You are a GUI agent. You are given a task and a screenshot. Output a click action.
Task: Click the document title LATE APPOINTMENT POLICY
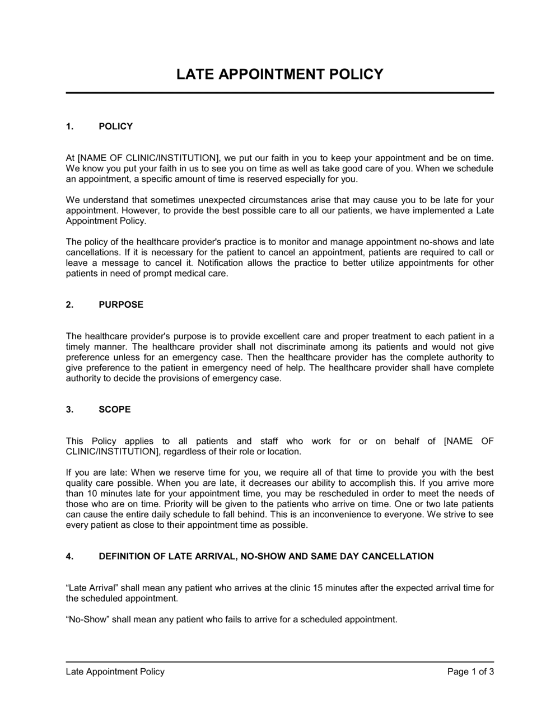pyautogui.click(x=279, y=74)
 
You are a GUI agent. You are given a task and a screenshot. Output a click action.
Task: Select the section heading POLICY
pyautogui.click(x=115, y=126)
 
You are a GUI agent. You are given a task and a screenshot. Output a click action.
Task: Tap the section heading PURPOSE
pyautogui.click(x=121, y=304)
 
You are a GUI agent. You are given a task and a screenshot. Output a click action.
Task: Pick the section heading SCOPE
pyautogui.click(x=115, y=409)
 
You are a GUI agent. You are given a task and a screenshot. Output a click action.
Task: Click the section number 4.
pyautogui.click(x=69, y=556)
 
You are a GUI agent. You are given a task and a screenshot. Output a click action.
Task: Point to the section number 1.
pyautogui.click(x=69, y=126)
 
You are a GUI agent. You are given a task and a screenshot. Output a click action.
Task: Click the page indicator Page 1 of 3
pyautogui.click(x=470, y=672)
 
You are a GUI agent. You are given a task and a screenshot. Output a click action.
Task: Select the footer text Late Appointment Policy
pyautogui.click(x=115, y=672)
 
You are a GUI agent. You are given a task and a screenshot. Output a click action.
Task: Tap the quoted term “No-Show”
pyautogui.click(x=85, y=620)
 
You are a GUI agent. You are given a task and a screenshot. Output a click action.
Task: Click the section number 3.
pyautogui.click(x=69, y=409)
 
